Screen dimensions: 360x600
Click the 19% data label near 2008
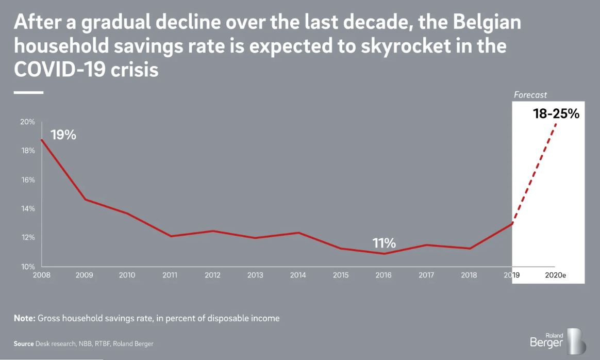[x=63, y=136]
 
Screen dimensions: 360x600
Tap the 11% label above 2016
[x=385, y=243]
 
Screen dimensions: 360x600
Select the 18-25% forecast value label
[x=556, y=114]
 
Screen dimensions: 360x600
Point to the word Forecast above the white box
[x=530, y=95]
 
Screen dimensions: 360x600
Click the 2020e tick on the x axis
[x=556, y=275]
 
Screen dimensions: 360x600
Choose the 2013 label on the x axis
[x=255, y=275]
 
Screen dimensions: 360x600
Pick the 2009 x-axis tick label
[x=84, y=275]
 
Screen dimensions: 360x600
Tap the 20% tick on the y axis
[x=28, y=122]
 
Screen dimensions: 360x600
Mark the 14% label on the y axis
[x=28, y=209]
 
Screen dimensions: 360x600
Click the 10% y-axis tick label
[x=28, y=267]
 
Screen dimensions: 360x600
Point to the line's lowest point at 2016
[x=384, y=253]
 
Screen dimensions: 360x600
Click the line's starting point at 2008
[x=41, y=140]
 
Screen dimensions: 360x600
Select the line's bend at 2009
[x=85, y=199]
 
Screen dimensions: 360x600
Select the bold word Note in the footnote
[x=24, y=318]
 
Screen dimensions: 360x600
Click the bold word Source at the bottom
[x=24, y=343]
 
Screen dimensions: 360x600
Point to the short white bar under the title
[x=28, y=92]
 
